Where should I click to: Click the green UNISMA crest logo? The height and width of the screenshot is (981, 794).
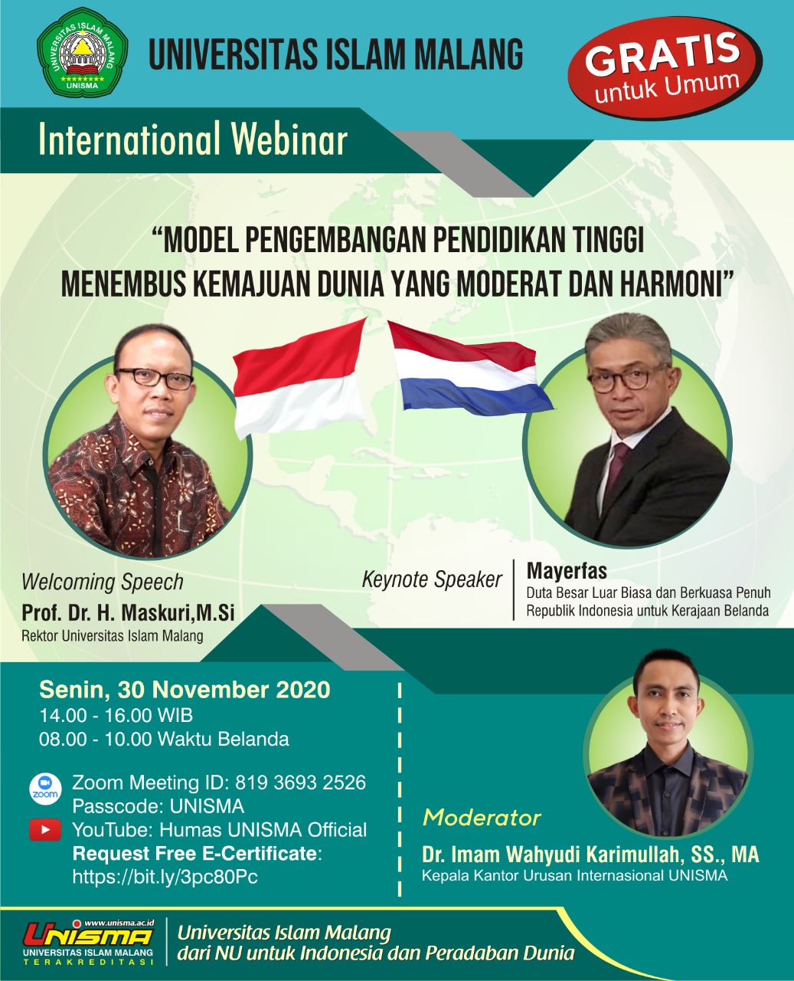click(83, 53)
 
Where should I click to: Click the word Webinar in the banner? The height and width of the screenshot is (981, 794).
click(289, 139)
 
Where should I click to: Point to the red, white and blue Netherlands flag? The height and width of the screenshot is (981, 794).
click(470, 369)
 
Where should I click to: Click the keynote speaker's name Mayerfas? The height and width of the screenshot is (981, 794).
click(567, 571)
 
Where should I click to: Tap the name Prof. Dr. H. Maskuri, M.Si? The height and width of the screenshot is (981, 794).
click(128, 612)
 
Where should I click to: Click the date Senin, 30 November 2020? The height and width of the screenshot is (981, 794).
click(185, 690)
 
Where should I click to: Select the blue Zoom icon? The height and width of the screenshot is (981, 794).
click(45, 790)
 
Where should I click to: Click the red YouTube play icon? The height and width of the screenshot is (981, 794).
click(45, 829)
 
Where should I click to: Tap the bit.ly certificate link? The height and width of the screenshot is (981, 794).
click(165, 877)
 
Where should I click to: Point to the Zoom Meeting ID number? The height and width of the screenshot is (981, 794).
click(300, 783)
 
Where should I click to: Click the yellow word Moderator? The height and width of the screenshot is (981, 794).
click(482, 818)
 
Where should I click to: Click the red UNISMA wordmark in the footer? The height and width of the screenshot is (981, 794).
click(88, 934)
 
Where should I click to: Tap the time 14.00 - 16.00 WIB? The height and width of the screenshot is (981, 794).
click(116, 715)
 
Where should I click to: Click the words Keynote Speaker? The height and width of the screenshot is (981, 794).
click(432, 580)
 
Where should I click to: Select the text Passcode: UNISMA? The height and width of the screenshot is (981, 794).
click(158, 806)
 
